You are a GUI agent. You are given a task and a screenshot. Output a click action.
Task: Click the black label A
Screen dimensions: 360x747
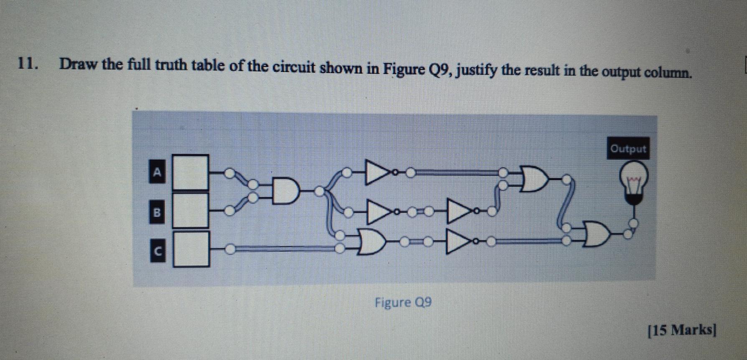[x=157, y=172]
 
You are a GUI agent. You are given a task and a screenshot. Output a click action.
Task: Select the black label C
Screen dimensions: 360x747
[x=157, y=251]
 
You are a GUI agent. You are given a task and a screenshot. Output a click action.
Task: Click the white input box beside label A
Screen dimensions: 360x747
[x=191, y=172]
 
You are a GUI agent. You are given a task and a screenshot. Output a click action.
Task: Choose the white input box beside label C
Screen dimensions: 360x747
[x=191, y=249]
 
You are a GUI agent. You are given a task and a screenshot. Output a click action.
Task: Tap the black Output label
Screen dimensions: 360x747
[x=628, y=149]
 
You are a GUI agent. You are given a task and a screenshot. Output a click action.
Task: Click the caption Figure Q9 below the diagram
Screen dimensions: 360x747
[x=403, y=302]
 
